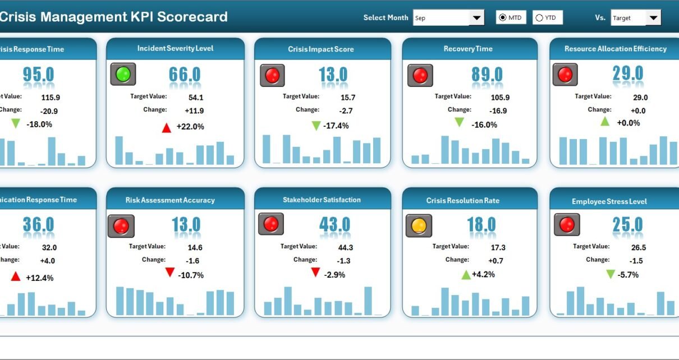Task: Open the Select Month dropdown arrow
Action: coord(477,18)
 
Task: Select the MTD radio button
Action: coord(502,18)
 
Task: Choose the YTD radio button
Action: coord(539,18)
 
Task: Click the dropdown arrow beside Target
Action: coord(653,18)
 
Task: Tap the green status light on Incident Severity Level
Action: coord(123,74)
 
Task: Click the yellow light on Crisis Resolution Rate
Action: coord(419,225)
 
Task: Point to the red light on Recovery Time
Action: coord(420,75)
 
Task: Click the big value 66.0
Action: coord(185,75)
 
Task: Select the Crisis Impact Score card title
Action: coord(321,49)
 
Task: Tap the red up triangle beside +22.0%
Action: coord(166,127)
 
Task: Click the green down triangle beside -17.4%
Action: coord(316,126)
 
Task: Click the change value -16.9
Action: coord(482,110)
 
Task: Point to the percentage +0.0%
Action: coord(628,123)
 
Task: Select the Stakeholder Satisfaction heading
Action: coord(322,200)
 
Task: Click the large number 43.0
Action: coord(334,225)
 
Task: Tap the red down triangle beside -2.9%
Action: coord(315,273)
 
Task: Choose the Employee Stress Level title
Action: coord(609,201)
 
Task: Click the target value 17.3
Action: coord(482,247)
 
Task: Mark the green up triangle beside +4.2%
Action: coord(466,275)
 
